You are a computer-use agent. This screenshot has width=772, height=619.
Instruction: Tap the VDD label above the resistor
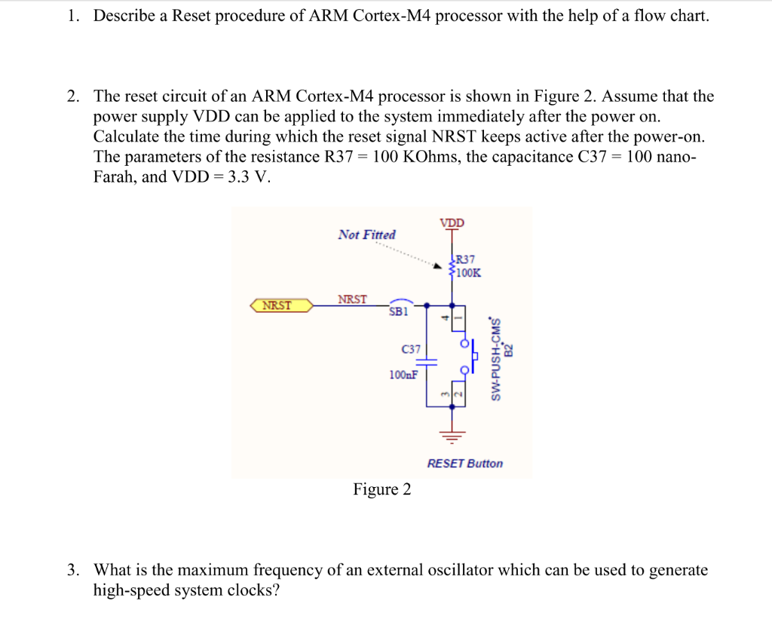[452, 223]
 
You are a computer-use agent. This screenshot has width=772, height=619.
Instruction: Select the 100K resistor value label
[467, 272]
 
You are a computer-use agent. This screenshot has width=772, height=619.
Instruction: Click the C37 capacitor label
[411, 349]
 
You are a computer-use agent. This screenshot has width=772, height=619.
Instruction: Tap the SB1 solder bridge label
[398, 311]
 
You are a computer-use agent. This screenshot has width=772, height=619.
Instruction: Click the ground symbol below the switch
[452, 435]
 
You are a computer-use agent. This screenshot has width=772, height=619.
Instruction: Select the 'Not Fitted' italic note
[366, 234]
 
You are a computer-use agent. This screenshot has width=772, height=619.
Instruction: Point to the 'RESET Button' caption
[464, 464]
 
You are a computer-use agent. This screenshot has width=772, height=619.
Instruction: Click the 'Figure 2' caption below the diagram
[382, 490]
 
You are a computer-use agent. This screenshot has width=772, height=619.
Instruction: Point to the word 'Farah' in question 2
[115, 178]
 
